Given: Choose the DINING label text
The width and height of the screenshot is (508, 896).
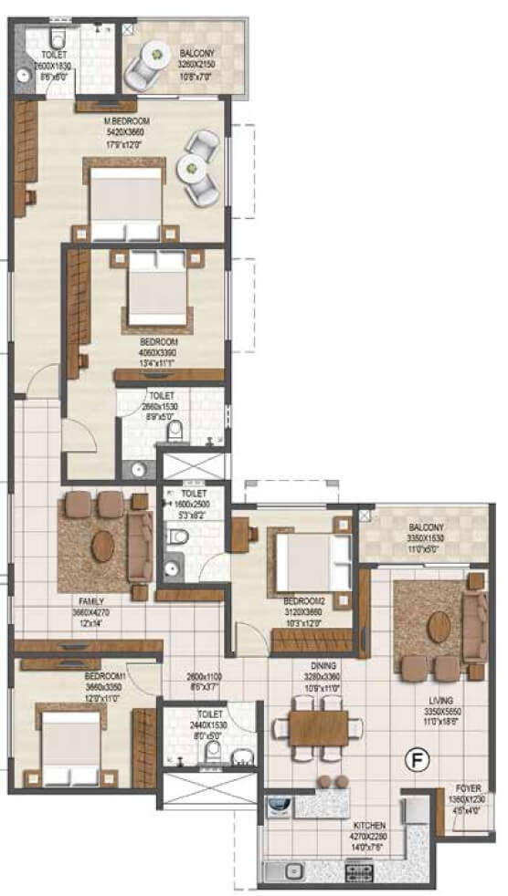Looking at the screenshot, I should pyautogui.click(x=323, y=666).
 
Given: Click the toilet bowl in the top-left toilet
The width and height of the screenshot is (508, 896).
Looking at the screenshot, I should pyautogui.click(x=58, y=39).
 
